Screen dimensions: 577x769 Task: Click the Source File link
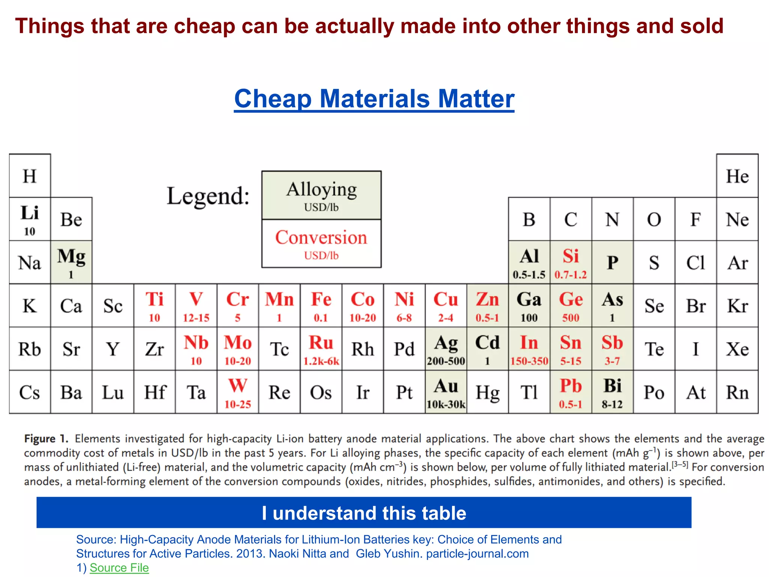tap(119, 568)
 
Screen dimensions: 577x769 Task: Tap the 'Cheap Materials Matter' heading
tap(374, 99)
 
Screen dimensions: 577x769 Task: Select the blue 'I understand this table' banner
tap(363, 513)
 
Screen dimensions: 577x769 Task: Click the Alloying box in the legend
tap(321, 195)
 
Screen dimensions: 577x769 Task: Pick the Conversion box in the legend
tap(321, 243)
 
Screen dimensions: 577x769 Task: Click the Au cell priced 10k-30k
tap(446, 392)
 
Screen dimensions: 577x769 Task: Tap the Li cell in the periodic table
tap(30, 219)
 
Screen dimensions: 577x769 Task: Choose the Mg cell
tap(71, 262)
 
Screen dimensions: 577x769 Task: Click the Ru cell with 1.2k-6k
tap(321, 349)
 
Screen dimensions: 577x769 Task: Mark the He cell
tap(737, 176)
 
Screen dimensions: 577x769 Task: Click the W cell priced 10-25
tap(238, 392)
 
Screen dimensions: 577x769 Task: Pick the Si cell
tap(571, 262)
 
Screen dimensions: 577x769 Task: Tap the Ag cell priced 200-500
tap(446, 349)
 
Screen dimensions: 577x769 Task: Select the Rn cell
tap(737, 392)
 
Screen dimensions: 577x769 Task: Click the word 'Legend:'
tap(208, 196)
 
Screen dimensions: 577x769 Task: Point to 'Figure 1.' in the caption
tap(46, 439)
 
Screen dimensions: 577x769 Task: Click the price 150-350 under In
tap(529, 361)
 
